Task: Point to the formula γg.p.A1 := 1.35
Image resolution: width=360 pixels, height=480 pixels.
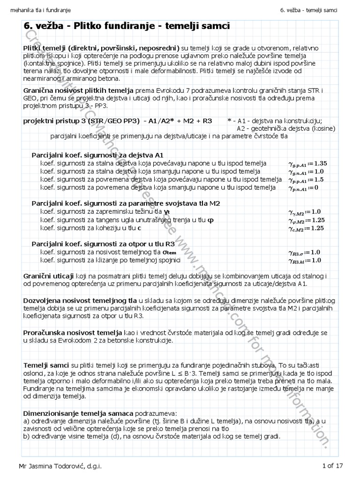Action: pos(307,164)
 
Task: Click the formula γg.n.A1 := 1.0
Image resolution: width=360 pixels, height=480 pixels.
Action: pos(305,172)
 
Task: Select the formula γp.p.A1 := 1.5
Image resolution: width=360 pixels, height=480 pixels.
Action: pos(305,180)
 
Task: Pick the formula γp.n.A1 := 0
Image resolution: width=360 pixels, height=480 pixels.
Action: pos(303,188)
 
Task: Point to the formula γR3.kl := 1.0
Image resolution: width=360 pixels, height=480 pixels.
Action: pos(305,260)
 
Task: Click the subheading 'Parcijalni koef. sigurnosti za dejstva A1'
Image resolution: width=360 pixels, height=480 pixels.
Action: pos(97,155)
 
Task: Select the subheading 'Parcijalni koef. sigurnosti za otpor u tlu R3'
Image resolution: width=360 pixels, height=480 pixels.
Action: pos(103,244)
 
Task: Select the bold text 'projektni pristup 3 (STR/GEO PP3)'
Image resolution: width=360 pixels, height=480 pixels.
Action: pos(82,121)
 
